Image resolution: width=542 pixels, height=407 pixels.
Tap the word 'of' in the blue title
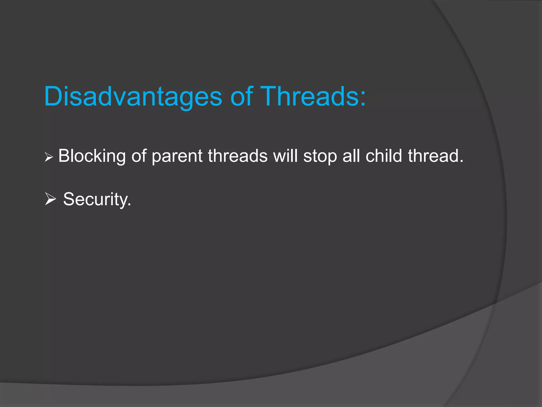[241, 96]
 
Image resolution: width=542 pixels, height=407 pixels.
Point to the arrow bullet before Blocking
[49, 157]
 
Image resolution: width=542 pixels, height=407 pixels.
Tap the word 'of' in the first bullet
[139, 156]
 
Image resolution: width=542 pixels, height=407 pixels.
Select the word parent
[177, 156]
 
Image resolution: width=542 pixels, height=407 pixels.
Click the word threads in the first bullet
[238, 156]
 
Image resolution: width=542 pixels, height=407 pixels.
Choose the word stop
[320, 156]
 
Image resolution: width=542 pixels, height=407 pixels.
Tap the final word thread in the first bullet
[433, 156]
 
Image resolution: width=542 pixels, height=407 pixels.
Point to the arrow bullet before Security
[50, 199]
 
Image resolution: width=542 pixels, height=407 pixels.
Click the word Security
[95, 199]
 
